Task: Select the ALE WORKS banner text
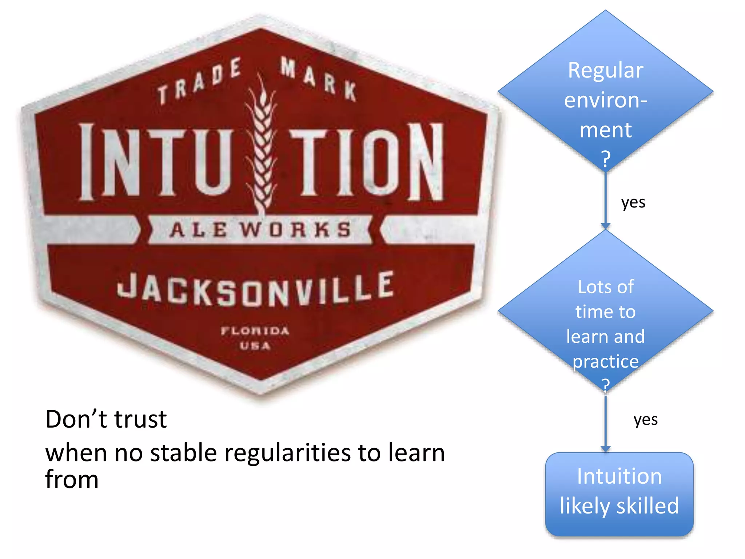(x=260, y=230)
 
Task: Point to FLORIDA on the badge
(x=255, y=331)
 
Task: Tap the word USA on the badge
(x=255, y=346)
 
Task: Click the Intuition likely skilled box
(x=619, y=494)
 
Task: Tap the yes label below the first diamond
(x=633, y=202)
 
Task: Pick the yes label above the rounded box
(x=645, y=420)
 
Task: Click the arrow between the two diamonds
(x=605, y=200)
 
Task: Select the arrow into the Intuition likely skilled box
(x=605, y=424)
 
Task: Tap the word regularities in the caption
(x=287, y=453)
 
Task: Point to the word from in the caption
(x=72, y=479)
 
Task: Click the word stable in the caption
(x=183, y=453)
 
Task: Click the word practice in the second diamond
(x=605, y=361)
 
